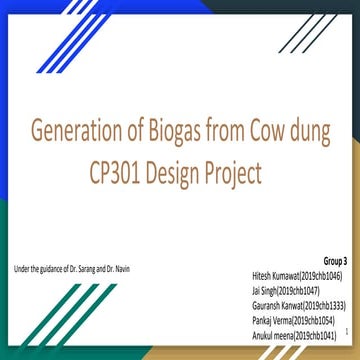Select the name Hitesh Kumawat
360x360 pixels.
[x=278, y=272]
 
